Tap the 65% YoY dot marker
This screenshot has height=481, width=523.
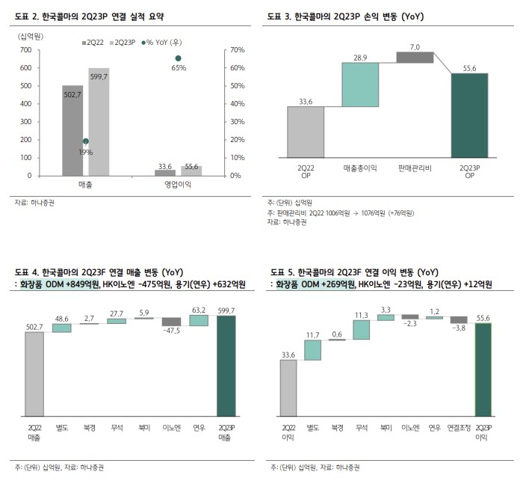click(x=178, y=58)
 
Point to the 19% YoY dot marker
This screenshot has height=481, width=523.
click(x=86, y=141)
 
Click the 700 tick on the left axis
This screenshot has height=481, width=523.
click(x=25, y=50)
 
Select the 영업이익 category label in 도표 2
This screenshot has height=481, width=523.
click(x=178, y=185)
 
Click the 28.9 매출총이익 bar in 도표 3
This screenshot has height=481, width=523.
click(x=361, y=84)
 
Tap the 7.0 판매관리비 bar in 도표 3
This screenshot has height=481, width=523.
click(x=415, y=57)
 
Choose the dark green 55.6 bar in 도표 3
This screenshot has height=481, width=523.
click(x=469, y=115)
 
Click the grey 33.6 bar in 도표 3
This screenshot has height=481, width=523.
click(x=306, y=132)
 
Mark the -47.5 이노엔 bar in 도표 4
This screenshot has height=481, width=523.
click(x=171, y=322)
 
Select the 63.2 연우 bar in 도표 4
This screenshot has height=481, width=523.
click(x=198, y=320)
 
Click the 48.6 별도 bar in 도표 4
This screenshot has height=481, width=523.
click(x=62, y=328)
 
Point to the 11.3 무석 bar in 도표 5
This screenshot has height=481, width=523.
click(x=362, y=330)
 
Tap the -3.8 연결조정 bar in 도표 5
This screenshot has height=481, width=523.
click(x=458, y=319)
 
